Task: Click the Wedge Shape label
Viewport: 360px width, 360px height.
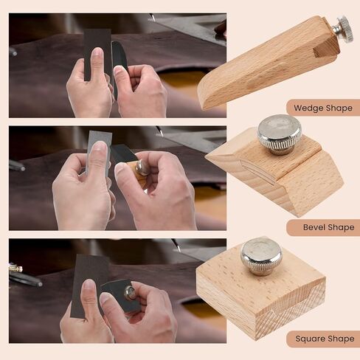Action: point(322,108)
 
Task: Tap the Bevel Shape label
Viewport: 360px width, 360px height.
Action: point(323,227)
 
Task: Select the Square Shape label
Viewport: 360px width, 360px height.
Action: point(322,339)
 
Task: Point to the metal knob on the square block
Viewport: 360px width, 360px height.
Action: point(261,255)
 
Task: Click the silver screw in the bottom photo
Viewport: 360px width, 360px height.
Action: point(129,293)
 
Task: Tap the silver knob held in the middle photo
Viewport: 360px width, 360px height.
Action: point(141,168)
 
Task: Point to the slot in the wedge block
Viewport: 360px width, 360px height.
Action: point(323,50)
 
